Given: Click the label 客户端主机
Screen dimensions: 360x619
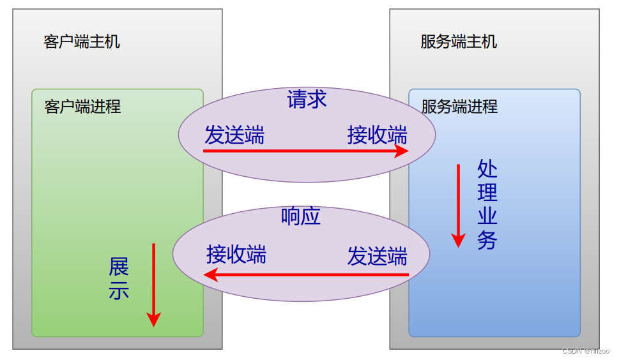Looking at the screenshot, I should point(82,42).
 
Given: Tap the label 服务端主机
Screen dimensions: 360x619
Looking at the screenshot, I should point(459,42).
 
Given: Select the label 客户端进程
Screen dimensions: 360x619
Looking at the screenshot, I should point(82,107).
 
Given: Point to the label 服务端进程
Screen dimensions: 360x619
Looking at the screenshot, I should point(459,107).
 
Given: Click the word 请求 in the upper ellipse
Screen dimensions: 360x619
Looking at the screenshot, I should point(307,99).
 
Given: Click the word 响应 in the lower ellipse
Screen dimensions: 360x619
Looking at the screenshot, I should point(300,216).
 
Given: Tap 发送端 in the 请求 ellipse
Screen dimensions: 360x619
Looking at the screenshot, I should point(234,135).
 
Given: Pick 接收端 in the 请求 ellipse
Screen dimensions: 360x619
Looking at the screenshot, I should point(377,135).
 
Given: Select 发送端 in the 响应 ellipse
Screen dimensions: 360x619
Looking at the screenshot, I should point(377,256).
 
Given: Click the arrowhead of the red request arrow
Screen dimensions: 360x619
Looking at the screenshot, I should point(402,151).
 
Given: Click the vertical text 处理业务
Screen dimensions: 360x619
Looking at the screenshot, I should point(487,204).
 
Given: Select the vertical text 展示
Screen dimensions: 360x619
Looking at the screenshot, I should point(119,279).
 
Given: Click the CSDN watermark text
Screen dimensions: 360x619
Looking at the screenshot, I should point(586,351).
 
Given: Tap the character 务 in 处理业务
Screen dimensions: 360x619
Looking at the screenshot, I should point(487,241).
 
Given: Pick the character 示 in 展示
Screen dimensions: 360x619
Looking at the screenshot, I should point(119,290).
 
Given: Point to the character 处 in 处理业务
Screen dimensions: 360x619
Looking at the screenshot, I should point(487,169).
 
